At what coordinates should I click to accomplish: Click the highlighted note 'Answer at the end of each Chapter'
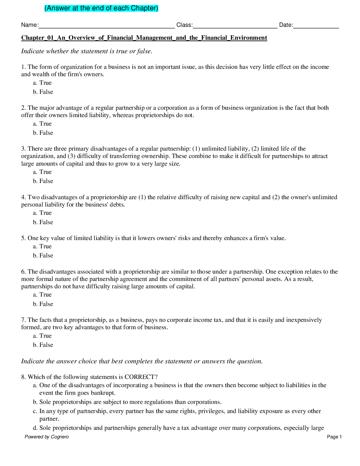(101, 8)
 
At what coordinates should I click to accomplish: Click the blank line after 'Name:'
(106, 26)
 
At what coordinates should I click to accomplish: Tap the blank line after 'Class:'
(235, 26)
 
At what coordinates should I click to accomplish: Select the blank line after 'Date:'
(316, 26)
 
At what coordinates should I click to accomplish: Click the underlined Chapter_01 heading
(144, 38)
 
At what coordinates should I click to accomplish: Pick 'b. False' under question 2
(43, 133)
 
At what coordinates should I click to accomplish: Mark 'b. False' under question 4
(43, 222)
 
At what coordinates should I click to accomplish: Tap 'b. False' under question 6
(43, 304)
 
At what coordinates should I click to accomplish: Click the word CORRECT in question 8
(139, 377)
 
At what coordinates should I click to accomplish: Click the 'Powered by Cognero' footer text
(46, 437)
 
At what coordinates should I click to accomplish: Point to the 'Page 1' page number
(334, 437)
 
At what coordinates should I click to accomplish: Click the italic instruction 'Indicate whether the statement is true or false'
(86, 51)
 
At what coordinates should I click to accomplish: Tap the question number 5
(23, 238)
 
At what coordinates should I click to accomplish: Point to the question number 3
(23, 149)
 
